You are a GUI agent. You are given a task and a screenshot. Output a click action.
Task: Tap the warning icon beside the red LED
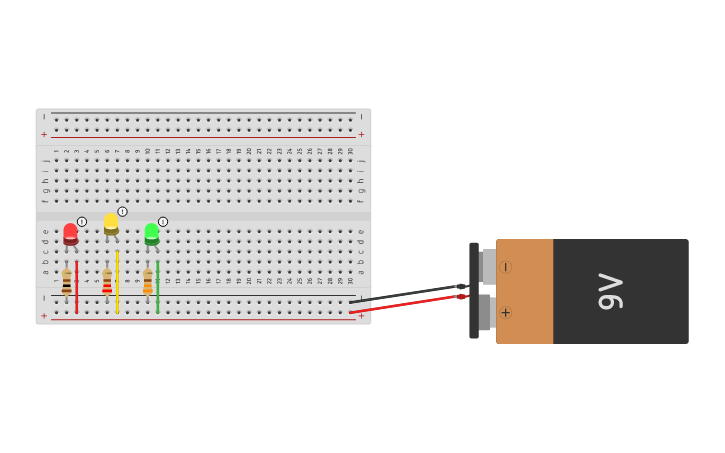point(82,222)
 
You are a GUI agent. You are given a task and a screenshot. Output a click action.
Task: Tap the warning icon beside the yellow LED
point(122,212)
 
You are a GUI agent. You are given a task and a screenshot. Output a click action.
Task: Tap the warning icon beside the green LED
point(163,222)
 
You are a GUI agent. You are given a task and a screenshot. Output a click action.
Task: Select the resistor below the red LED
point(67,282)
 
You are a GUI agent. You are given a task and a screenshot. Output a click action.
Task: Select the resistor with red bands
point(107,282)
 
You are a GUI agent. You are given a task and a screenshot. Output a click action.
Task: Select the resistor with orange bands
point(148,282)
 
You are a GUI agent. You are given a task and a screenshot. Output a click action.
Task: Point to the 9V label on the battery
point(610,291)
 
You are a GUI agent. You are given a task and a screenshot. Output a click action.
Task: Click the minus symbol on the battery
point(505,267)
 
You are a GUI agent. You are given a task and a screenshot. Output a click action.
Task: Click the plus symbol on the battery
point(505,313)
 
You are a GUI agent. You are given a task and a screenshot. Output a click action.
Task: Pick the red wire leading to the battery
point(400,305)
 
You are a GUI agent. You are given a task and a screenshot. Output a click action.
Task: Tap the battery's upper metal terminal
point(487,267)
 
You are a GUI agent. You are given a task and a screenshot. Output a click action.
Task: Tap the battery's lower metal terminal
point(485,312)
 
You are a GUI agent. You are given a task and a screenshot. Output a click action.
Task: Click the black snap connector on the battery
point(474,290)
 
